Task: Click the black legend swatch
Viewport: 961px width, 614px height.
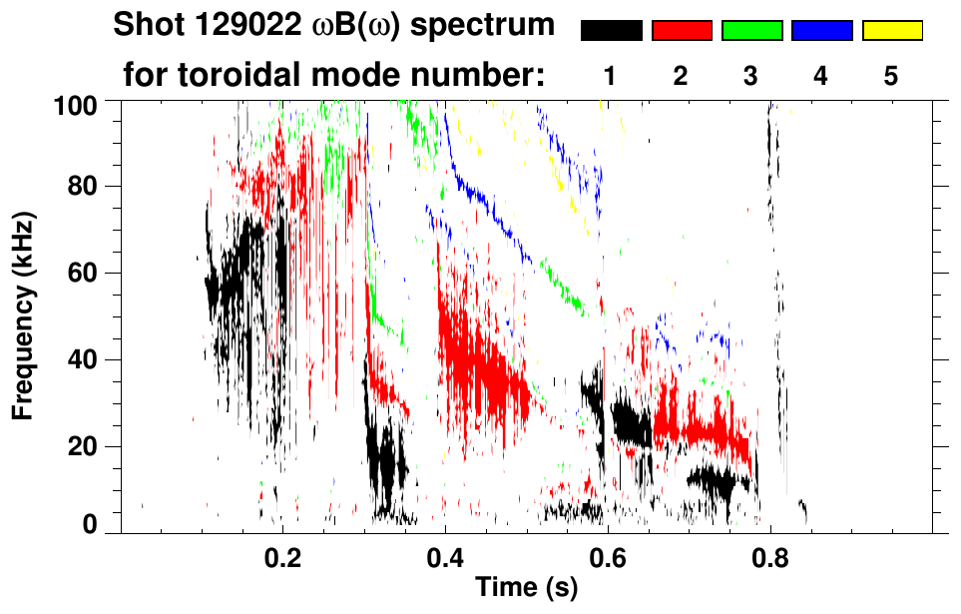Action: (x=612, y=31)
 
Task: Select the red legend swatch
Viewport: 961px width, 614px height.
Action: (x=682, y=31)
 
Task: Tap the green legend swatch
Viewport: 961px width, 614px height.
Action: (x=751, y=31)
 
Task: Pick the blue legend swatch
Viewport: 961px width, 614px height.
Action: (x=821, y=31)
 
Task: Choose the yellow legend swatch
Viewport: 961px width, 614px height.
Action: (x=892, y=31)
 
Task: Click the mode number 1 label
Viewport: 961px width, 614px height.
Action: (x=611, y=76)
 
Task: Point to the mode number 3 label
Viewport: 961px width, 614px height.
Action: (x=751, y=76)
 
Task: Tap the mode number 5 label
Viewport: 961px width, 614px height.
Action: (x=891, y=76)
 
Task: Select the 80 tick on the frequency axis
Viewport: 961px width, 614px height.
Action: (x=82, y=187)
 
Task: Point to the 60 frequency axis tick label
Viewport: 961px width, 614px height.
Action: (x=82, y=273)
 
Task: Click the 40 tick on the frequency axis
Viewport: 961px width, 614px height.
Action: (x=82, y=359)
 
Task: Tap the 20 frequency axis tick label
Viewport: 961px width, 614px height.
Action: (x=82, y=445)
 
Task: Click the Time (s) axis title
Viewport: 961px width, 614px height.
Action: (x=526, y=587)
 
